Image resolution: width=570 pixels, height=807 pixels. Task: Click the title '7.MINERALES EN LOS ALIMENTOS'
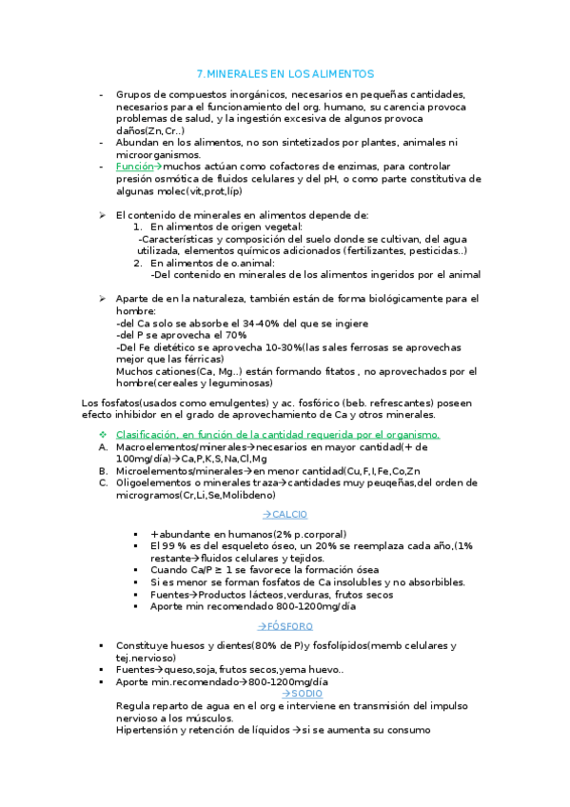pos(285,73)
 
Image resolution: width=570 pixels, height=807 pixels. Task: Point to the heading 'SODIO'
pos(303,694)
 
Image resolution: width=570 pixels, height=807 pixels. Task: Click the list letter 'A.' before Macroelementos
pos(103,446)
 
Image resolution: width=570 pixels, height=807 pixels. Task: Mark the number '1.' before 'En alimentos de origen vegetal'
pos(137,226)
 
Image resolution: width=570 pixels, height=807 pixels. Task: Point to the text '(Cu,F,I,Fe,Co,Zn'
pos(377,470)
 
